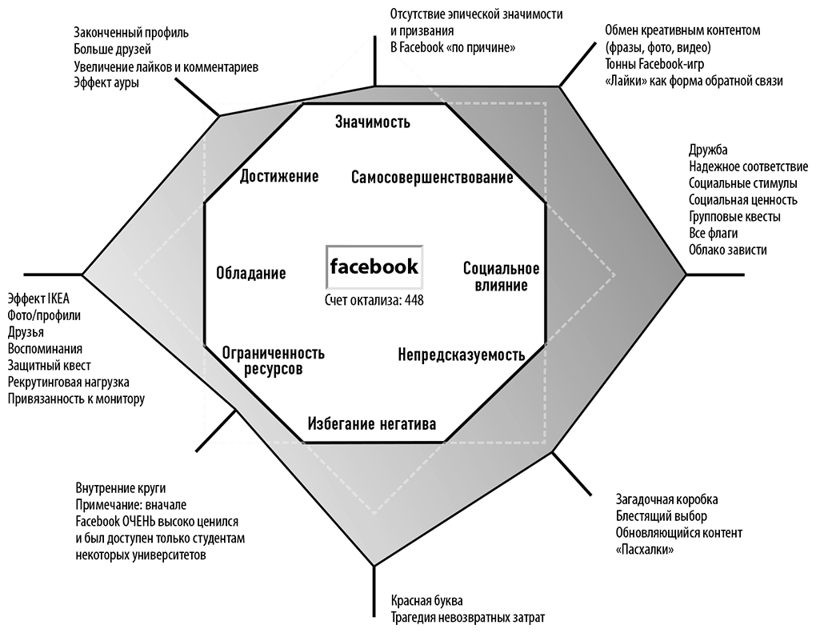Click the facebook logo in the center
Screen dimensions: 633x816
pyautogui.click(x=374, y=266)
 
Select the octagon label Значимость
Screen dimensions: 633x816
pyautogui.click(x=373, y=122)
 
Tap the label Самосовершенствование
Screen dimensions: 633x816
pyautogui.click(x=432, y=178)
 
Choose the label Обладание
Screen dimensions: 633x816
pyautogui.click(x=251, y=273)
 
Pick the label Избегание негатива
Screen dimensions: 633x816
pyautogui.click(x=372, y=424)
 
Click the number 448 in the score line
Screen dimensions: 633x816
pyautogui.click(x=414, y=300)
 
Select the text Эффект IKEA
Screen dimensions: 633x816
pyautogui.click(x=38, y=298)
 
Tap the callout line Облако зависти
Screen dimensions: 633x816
pyautogui.click(x=727, y=250)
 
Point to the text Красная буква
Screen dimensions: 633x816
pyautogui.click(x=426, y=600)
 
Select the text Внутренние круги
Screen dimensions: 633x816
pyautogui.click(x=121, y=487)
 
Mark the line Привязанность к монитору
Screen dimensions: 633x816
pyautogui.click(x=76, y=399)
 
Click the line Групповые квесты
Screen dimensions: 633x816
pyautogui.click(x=734, y=216)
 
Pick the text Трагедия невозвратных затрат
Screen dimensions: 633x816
pyautogui.click(x=468, y=617)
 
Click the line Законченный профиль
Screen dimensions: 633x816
pyautogui.click(x=131, y=32)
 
